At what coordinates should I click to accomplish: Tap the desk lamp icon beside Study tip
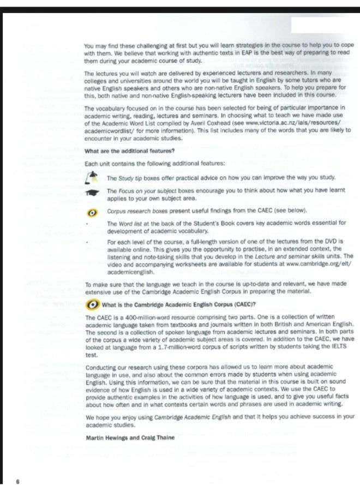[93, 177]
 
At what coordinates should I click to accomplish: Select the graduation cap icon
[93, 193]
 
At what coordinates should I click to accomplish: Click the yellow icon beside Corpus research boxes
[93, 211]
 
